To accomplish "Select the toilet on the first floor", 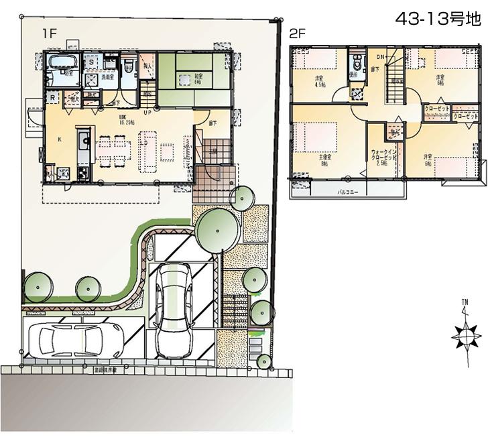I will [x=126, y=66].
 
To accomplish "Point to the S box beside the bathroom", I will [x=90, y=61].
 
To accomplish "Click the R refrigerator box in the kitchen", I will [x=52, y=97].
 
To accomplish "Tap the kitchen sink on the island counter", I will [x=82, y=141].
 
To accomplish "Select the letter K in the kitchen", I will [x=60, y=139].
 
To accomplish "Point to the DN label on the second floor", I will [x=379, y=56].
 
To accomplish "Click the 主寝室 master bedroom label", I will [x=324, y=160].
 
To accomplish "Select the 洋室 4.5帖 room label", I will [x=320, y=81].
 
